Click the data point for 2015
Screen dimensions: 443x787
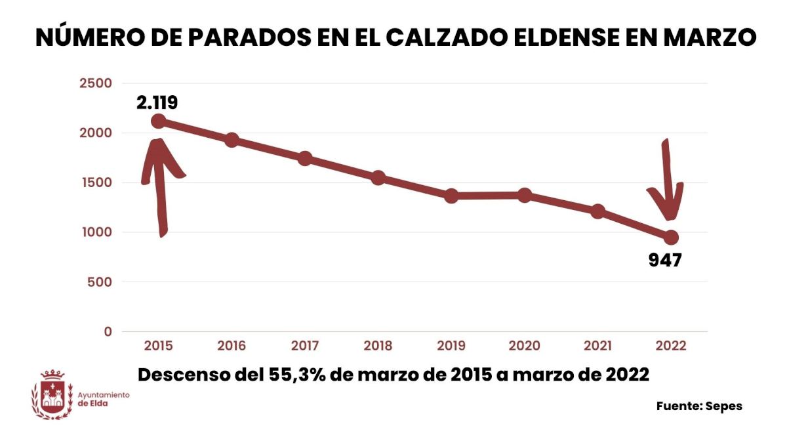pyautogui.click(x=158, y=121)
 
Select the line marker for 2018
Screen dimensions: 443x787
pyautogui.click(x=378, y=178)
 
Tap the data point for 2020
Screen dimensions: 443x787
pyautogui.click(x=525, y=195)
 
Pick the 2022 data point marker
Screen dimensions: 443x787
pyautogui.click(x=671, y=237)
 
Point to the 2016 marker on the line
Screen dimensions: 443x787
pyautogui.click(x=232, y=140)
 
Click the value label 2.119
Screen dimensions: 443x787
pyautogui.click(x=157, y=102)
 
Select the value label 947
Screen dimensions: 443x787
pyautogui.click(x=665, y=260)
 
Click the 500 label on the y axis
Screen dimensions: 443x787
pyautogui.click(x=100, y=282)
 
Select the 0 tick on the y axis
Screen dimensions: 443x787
pyautogui.click(x=108, y=332)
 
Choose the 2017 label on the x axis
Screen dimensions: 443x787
pyautogui.click(x=305, y=346)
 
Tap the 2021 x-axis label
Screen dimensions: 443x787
pyautogui.click(x=597, y=346)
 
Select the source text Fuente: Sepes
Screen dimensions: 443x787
pyautogui.click(x=699, y=406)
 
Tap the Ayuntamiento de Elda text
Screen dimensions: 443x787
pyautogui.click(x=104, y=399)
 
